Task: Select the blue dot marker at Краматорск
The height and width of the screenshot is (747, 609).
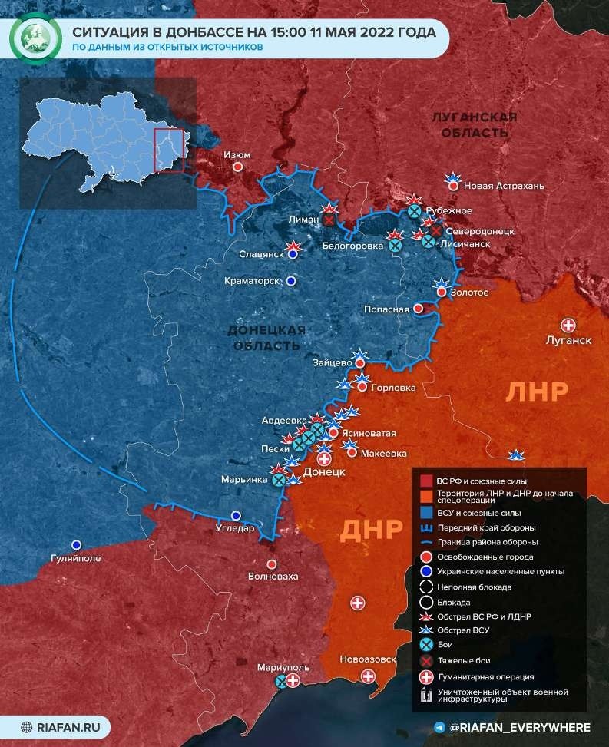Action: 290,282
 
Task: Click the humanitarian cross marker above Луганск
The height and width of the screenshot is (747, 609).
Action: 569,325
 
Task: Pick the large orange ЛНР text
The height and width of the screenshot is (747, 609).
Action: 537,392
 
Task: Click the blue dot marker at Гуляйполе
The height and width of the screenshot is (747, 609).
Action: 76,544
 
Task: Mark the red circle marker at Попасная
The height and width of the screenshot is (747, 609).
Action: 418,308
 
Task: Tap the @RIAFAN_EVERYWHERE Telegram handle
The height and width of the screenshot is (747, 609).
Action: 520,727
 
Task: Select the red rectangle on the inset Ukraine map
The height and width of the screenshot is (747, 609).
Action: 169,150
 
